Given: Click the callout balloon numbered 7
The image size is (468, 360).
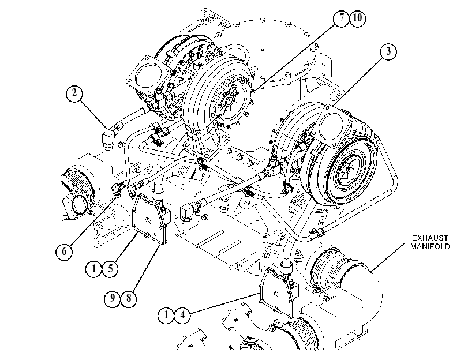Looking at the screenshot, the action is tap(342, 18).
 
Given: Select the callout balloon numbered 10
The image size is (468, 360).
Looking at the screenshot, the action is tap(358, 18).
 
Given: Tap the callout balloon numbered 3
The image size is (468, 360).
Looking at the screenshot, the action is tap(388, 51).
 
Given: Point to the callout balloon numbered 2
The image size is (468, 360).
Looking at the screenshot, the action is tap(74, 93).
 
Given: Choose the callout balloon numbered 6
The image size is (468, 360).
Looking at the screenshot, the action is tap(64, 252).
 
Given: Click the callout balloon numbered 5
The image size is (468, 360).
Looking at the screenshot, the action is tap(110, 269).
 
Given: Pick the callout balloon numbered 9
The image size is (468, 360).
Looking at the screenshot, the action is tap(113, 298).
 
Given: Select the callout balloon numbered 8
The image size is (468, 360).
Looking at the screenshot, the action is tap(129, 298).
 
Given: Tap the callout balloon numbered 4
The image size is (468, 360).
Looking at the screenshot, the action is tap(182, 315).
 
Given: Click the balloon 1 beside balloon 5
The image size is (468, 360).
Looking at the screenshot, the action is tap(93, 269).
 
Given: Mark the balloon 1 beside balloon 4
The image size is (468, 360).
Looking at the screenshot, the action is tap(166, 315).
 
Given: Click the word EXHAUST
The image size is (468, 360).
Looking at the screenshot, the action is tap(430, 238).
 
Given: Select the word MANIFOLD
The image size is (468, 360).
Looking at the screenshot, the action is tap(430, 246).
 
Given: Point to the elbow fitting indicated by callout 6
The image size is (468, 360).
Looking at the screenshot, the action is tap(118, 188).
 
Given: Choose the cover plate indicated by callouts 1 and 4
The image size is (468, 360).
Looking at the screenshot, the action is tap(278, 292).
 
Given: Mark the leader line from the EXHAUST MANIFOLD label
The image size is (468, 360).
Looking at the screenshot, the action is tap(388, 257).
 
